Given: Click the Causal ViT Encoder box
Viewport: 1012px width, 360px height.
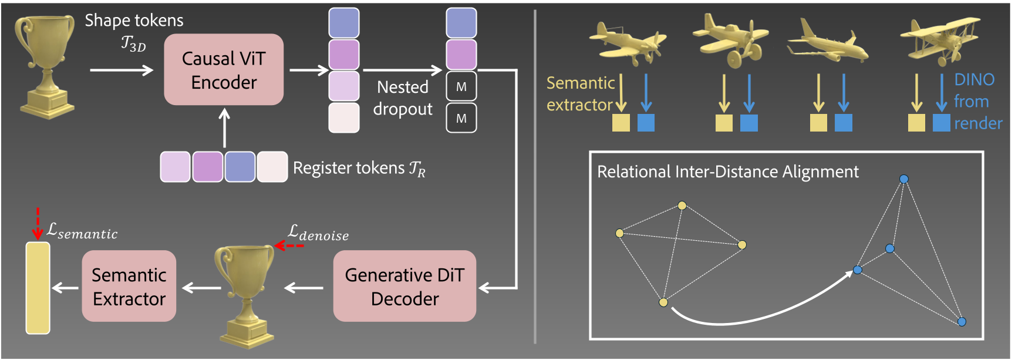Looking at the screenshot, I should (x=224, y=70).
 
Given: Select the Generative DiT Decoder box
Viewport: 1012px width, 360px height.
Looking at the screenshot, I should (x=404, y=286).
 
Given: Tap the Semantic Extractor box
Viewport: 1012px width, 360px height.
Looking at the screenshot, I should (x=129, y=286).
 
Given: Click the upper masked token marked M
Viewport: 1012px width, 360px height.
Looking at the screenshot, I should (x=461, y=87).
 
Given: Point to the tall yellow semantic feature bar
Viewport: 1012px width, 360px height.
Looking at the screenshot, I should (x=38, y=288).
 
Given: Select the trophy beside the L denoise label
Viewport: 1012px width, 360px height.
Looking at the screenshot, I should (x=245, y=294).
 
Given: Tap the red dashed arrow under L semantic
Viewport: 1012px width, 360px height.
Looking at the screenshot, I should (x=38, y=223).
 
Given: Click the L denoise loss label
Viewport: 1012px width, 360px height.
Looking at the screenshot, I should (x=318, y=233).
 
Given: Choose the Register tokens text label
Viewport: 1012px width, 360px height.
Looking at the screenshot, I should (x=359, y=169).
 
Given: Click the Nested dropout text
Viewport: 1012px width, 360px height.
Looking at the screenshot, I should (x=403, y=98).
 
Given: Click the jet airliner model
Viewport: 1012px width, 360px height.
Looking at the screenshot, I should (x=828, y=44).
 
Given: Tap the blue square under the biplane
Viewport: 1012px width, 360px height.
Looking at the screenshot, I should (x=942, y=123).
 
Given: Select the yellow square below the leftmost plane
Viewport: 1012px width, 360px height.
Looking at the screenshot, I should (x=621, y=123).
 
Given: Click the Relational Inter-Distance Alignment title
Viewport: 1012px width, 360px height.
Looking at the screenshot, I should (x=727, y=171).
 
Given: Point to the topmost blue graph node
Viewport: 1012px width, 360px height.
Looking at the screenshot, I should (x=904, y=179).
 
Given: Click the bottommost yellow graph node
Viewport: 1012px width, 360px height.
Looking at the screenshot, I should (x=663, y=302).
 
